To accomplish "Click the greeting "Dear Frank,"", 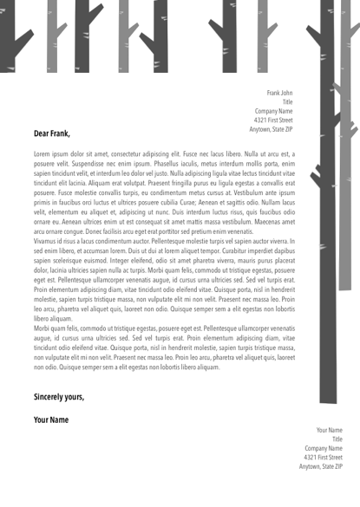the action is [51, 134].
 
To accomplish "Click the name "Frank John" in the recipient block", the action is [279, 92].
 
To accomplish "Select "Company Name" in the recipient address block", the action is [273, 111].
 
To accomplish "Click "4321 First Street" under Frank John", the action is [272, 120].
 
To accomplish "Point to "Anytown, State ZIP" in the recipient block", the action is [271, 129].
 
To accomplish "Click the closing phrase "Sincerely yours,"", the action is [59, 396].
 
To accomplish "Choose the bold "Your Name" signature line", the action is [51, 419].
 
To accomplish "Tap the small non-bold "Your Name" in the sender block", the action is [329, 430].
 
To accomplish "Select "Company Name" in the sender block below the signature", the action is [323, 448].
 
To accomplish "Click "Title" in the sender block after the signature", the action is [337, 439].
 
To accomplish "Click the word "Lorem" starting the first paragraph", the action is [43, 153].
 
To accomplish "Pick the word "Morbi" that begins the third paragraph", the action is [43, 329].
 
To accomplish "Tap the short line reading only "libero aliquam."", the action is [53, 320].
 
